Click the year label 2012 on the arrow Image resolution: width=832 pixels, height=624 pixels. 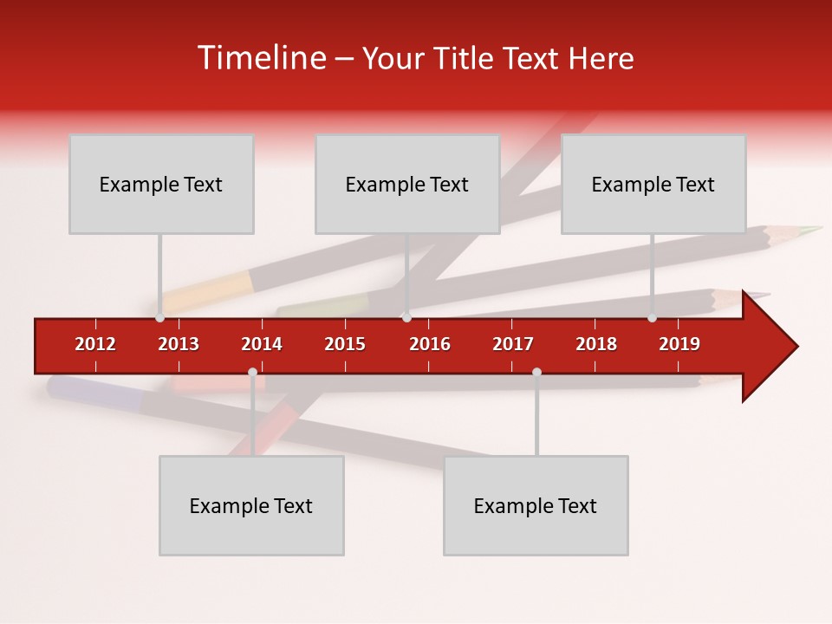click(95, 344)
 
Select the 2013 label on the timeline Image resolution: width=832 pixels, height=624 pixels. click(179, 344)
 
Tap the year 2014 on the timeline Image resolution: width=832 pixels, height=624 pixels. click(262, 344)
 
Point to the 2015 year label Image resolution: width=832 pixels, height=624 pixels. click(345, 344)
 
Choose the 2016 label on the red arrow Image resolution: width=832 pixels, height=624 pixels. click(430, 344)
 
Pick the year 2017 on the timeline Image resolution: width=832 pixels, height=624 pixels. click(513, 344)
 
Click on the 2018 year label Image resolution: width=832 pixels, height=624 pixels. click(596, 344)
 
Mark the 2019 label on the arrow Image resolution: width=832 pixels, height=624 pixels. click(679, 344)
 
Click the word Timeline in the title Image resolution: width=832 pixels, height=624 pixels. click(259, 58)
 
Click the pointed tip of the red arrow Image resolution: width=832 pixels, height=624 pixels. click(795, 346)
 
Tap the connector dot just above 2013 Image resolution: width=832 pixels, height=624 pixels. click(160, 317)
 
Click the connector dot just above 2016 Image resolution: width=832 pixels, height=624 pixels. click(406, 317)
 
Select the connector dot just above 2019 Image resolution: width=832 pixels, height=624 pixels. click(653, 317)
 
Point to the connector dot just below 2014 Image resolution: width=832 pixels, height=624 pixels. click(252, 373)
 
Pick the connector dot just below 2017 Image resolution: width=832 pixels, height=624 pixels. click(536, 373)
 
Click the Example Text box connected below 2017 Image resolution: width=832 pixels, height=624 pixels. click(536, 505)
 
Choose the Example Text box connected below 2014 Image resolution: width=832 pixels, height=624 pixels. click(251, 505)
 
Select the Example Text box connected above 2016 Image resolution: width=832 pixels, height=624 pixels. click(407, 184)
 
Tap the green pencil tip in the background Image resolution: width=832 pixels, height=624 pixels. click(811, 230)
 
